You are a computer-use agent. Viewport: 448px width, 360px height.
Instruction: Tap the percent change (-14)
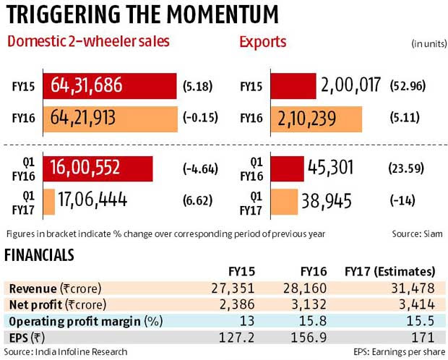pyautogui.click(x=403, y=200)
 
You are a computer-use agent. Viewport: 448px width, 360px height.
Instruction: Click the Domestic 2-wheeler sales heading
pyautogui.click(x=88, y=43)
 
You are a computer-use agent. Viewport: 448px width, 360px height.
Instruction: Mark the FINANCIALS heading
pyautogui.click(x=39, y=254)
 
